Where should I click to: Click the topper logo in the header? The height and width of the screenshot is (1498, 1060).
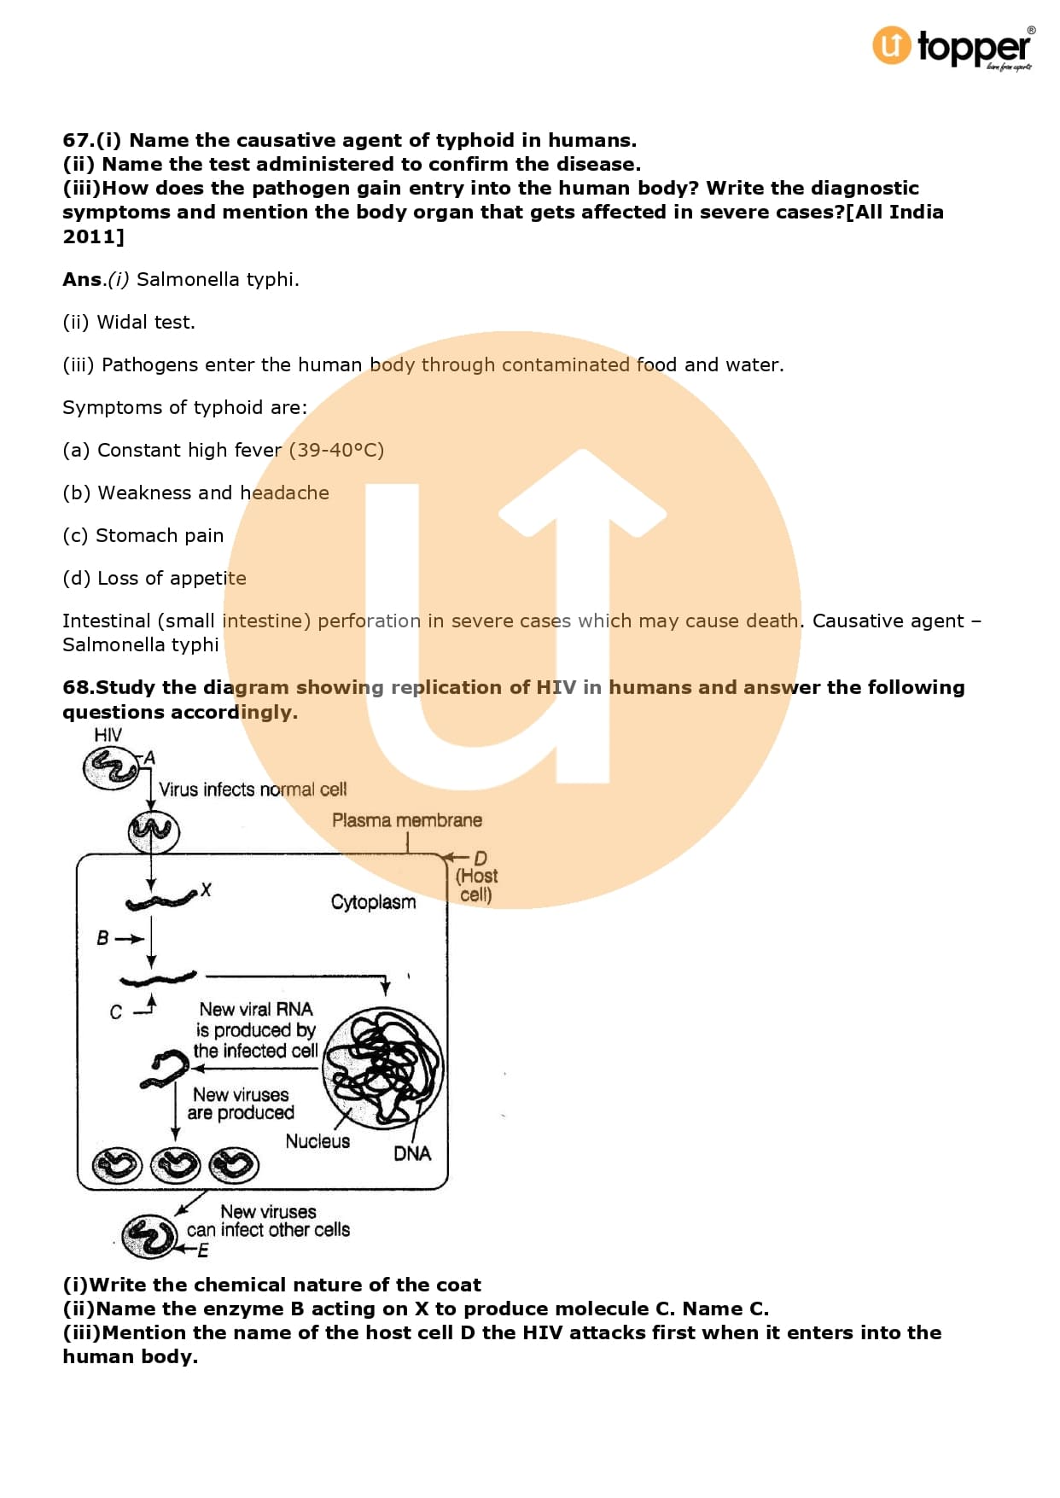952,48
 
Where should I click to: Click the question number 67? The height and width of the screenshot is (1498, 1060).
77,140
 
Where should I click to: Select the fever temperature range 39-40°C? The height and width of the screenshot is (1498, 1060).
336,450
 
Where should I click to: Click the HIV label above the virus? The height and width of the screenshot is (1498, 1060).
108,735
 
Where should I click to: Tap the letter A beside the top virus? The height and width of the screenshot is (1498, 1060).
149,757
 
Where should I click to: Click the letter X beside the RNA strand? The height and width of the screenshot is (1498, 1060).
206,890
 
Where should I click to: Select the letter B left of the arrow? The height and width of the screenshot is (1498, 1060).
102,938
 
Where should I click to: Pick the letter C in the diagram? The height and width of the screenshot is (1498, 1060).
116,1012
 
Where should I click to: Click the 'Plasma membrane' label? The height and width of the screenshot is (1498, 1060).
406,820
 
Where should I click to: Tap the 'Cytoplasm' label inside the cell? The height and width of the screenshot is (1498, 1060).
373,902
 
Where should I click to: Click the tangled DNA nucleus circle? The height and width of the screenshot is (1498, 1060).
383,1067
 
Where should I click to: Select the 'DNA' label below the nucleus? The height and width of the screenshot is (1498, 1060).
412,1153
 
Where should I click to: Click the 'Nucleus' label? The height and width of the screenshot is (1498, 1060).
317,1141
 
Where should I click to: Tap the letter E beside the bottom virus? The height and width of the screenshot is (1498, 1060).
203,1250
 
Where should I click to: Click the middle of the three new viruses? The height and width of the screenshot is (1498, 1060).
176,1165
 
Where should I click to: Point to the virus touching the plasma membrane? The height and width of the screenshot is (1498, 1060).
154,831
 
